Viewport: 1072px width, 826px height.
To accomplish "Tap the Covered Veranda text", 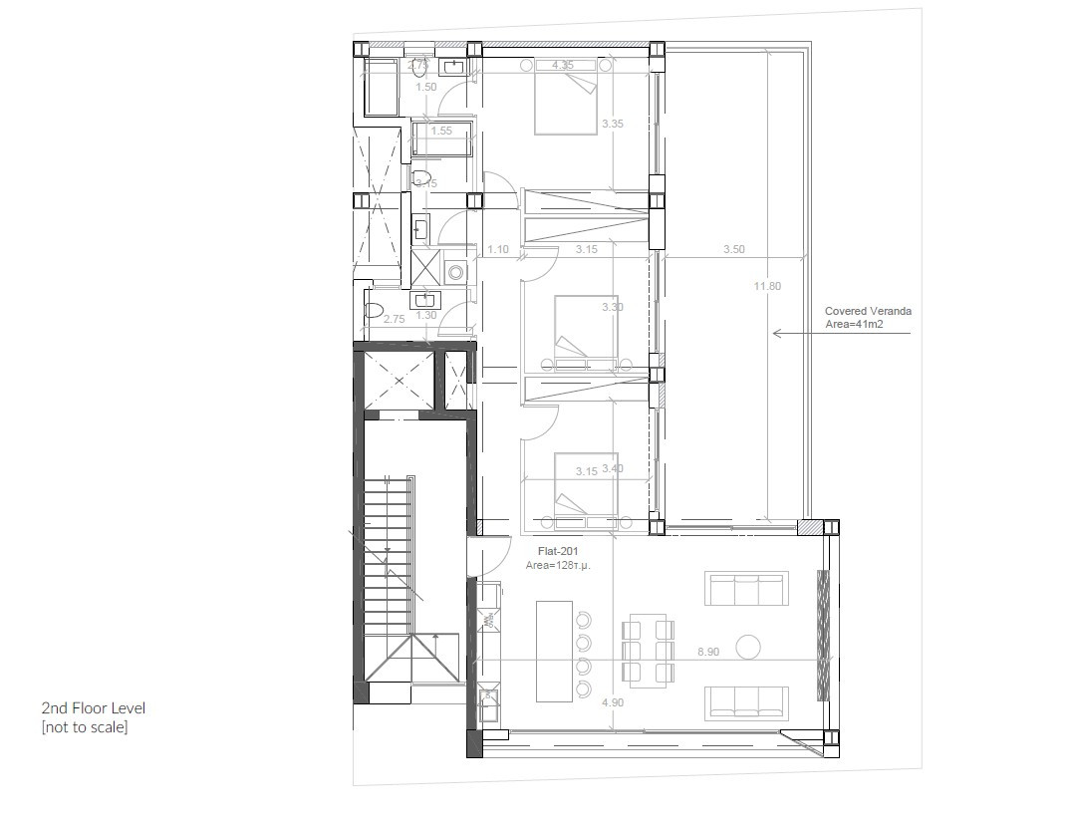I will [867, 311].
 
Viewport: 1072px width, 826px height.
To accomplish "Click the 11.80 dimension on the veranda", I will [767, 286].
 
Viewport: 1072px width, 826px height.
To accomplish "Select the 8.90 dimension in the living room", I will [708, 651].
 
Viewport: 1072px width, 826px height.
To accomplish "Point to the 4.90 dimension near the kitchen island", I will [613, 702].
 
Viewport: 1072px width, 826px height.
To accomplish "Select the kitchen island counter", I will [554, 650].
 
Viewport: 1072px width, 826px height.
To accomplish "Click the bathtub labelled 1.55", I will [442, 139].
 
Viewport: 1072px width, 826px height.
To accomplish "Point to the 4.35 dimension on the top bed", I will [563, 65].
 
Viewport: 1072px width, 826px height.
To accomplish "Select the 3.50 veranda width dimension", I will [733, 250].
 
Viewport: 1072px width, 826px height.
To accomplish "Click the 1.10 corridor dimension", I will [498, 250].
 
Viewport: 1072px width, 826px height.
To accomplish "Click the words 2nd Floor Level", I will [93, 707].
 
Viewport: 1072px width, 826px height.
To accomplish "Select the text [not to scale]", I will [84, 727].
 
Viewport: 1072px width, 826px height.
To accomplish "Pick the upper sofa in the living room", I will [746, 588].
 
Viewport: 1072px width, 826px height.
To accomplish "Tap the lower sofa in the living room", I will [746, 702].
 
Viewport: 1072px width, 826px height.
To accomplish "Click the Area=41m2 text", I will [854, 324].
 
